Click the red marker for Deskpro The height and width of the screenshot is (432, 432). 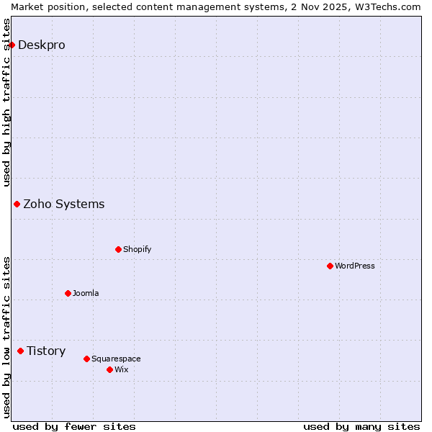12,45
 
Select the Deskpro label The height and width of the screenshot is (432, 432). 41,45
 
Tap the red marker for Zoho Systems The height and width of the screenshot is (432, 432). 17,204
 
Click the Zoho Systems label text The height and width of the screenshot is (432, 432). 63,204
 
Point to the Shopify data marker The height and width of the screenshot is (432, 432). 118,249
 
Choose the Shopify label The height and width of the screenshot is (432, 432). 137,249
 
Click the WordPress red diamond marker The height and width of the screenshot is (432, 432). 330,266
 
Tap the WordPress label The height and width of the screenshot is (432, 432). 354,266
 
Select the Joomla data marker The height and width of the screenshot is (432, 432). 68,293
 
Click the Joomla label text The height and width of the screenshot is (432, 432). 86,293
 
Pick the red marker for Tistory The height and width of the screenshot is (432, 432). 20,351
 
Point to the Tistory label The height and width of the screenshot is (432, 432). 46,351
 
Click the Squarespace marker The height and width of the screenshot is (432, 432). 86,359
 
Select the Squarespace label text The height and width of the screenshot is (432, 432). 116,359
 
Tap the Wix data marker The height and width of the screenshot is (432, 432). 109,369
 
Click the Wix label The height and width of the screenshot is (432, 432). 121,369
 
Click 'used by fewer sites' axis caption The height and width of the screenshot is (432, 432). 74,426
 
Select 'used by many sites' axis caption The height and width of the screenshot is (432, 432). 361,426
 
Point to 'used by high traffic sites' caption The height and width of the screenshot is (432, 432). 6,102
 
